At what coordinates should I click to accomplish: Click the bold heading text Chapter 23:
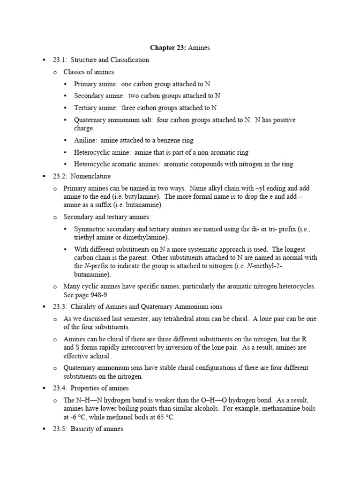click(166, 48)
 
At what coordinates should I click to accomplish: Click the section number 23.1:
click(60, 60)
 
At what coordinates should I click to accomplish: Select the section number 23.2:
click(60, 176)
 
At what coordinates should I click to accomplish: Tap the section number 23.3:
click(60, 307)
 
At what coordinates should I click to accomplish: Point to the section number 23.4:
click(60, 388)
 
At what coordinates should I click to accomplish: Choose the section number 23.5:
click(60, 428)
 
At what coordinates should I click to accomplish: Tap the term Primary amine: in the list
click(96, 84)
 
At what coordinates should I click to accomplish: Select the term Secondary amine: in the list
click(99, 96)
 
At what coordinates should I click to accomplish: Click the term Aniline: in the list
click(85, 140)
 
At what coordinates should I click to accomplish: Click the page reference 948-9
click(99, 294)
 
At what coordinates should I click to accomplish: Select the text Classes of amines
click(89, 72)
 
